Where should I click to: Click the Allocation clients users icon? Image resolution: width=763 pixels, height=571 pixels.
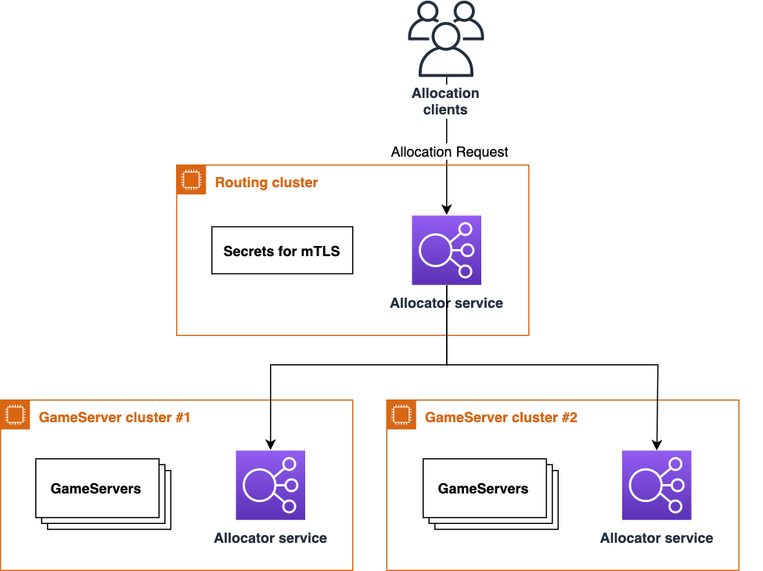pyautogui.click(x=446, y=39)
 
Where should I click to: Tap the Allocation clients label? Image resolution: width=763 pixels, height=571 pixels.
pyautogui.click(x=446, y=101)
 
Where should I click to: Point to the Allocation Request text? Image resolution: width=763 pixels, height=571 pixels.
pyautogui.click(x=450, y=152)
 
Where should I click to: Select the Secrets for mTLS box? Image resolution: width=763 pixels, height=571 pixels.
pyautogui.click(x=283, y=251)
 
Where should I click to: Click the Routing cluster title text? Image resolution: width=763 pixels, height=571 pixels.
pyautogui.click(x=266, y=183)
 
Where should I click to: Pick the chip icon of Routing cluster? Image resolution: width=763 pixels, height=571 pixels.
pyautogui.click(x=191, y=180)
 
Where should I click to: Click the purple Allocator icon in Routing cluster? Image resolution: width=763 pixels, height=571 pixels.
pyautogui.click(x=447, y=251)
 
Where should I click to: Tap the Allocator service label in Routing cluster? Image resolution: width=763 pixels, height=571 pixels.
pyautogui.click(x=446, y=303)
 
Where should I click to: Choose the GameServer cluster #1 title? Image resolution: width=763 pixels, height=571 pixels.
pyautogui.click(x=114, y=417)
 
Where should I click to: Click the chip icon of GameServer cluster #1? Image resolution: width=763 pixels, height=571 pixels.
pyautogui.click(x=15, y=414)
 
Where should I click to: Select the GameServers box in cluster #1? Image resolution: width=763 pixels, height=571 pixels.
pyautogui.click(x=103, y=494)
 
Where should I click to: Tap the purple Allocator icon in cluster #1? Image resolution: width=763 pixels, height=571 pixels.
pyautogui.click(x=271, y=486)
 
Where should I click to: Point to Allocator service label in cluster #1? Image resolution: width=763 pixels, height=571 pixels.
pyautogui.click(x=271, y=538)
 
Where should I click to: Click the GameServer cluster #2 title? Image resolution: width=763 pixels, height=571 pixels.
pyautogui.click(x=501, y=417)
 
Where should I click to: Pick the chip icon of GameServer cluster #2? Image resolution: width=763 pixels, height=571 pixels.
pyautogui.click(x=401, y=414)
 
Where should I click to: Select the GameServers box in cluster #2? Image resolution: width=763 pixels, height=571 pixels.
pyautogui.click(x=491, y=494)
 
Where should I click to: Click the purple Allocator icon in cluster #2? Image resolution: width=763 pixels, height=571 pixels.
pyautogui.click(x=657, y=486)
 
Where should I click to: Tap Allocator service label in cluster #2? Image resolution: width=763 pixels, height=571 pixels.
pyautogui.click(x=657, y=538)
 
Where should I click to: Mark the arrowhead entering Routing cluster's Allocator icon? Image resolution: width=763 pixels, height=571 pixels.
pyautogui.click(x=447, y=209)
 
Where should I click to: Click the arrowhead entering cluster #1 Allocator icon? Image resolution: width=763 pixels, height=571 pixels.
pyautogui.click(x=271, y=444)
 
